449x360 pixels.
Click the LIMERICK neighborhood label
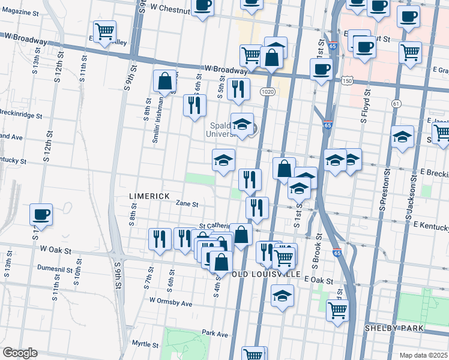point(149,196)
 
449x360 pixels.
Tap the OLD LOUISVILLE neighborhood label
point(259,274)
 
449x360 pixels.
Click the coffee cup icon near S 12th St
point(41,214)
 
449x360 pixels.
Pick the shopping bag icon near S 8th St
point(164,80)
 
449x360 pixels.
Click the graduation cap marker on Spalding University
point(242,124)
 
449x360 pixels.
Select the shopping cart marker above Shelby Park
point(338,310)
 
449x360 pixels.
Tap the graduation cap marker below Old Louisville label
point(282,296)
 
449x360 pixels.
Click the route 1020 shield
point(268,91)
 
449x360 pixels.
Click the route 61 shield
point(396,104)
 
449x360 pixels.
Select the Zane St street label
point(187,204)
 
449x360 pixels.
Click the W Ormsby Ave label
point(171,304)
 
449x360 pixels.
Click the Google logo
point(20,353)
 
